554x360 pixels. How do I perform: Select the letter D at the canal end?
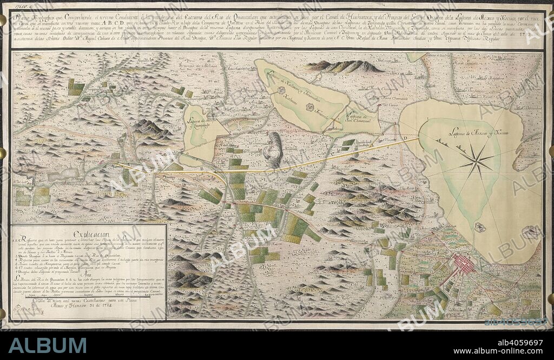click(403, 138)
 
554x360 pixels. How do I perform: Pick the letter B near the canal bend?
click(202, 169)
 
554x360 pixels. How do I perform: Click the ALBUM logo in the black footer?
click(47, 345)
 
